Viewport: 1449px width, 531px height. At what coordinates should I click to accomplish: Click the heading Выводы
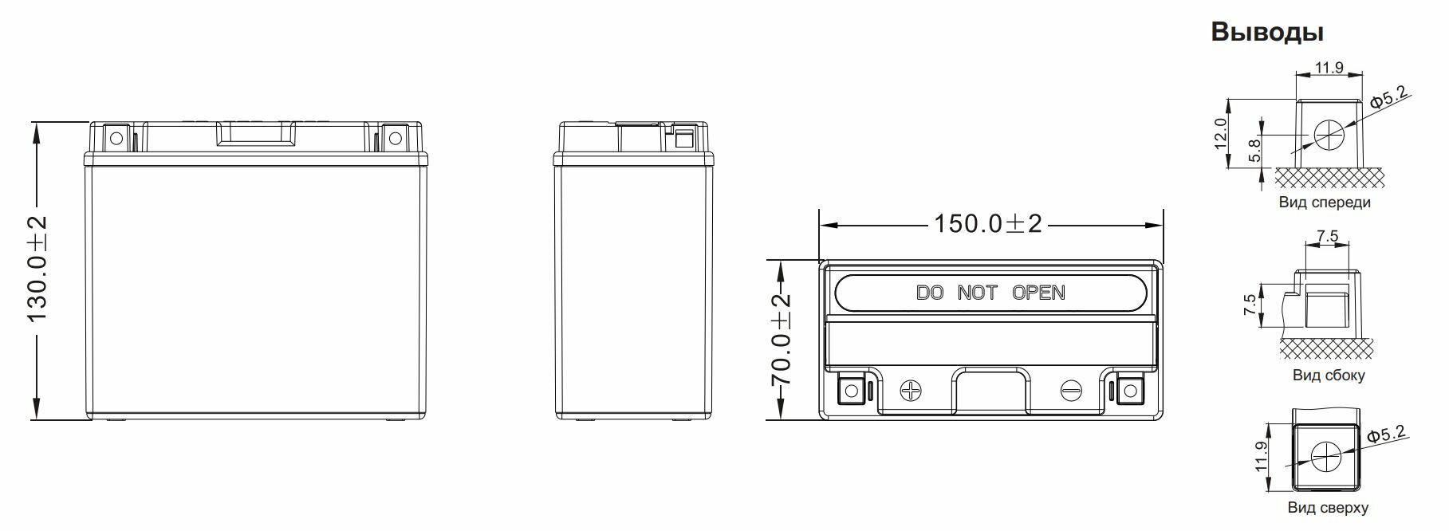click(1266, 32)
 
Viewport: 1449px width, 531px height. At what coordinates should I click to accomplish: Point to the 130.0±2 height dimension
click(37, 269)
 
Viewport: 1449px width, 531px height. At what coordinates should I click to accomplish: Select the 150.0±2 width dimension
click(988, 224)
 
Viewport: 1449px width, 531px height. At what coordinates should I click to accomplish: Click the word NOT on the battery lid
click(977, 293)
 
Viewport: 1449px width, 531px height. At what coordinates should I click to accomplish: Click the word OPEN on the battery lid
click(1038, 293)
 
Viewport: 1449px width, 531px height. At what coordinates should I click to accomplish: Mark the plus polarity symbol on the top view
click(910, 391)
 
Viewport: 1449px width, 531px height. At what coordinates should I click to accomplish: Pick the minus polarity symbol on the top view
click(1072, 391)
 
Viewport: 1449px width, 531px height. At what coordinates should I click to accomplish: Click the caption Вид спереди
click(1325, 203)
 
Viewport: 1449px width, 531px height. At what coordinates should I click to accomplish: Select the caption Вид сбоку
click(1329, 375)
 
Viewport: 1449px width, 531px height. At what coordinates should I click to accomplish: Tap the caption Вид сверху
click(1328, 508)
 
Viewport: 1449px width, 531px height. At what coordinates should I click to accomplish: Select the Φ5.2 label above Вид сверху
click(1386, 435)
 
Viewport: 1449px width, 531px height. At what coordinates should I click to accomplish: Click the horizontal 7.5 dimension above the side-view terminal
click(1327, 237)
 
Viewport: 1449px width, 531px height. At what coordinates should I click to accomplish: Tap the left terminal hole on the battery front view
click(116, 139)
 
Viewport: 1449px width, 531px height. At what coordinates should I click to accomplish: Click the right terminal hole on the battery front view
click(394, 139)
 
